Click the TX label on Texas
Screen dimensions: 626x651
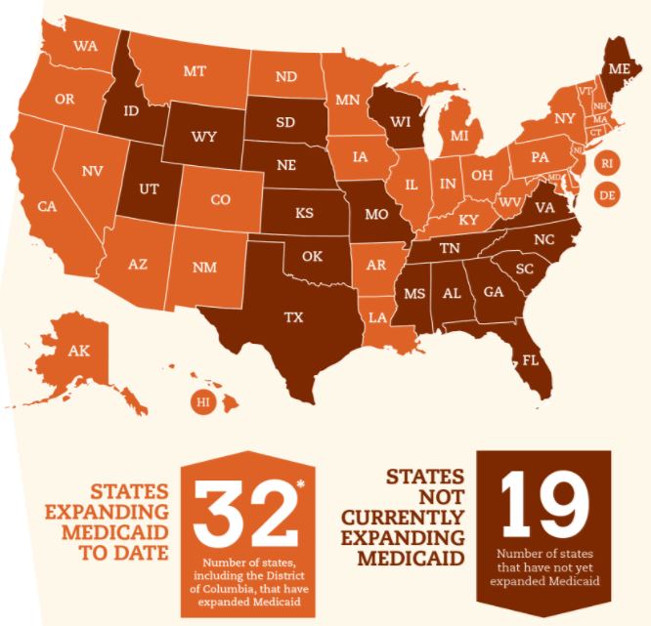pyautogui.click(x=292, y=317)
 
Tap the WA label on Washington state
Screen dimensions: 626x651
pyautogui.click(x=83, y=46)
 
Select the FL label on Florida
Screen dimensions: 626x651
pyautogui.click(x=530, y=358)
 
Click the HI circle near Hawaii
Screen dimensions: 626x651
pyautogui.click(x=203, y=401)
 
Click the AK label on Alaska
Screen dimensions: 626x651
pyautogui.click(x=78, y=350)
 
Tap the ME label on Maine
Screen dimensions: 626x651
pyautogui.click(x=618, y=69)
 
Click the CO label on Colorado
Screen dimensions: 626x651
pyautogui.click(x=220, y=199)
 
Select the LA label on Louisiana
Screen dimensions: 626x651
pyautogui.click(x=377, y=317)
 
